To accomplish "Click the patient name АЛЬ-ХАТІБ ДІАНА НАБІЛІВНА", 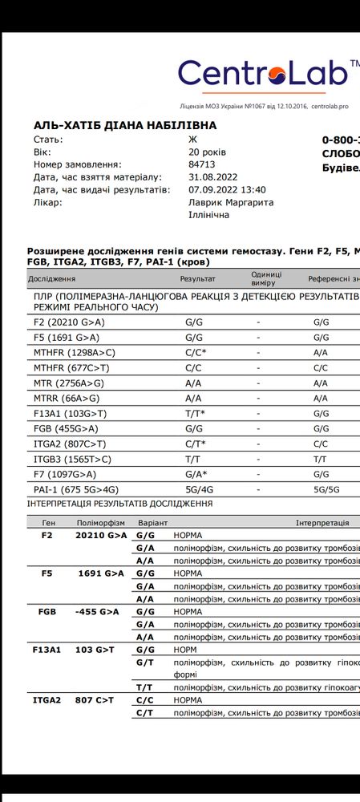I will [x=124, y=126].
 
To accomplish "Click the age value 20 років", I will [x=207, y=152].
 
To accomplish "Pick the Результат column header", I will [x=198, y=279].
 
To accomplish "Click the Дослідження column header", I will [x=51, y=279].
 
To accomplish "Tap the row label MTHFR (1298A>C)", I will [x=70, y=351].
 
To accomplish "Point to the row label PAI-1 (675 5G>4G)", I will [x=73, y=489].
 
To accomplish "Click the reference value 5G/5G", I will [x=326, y=489].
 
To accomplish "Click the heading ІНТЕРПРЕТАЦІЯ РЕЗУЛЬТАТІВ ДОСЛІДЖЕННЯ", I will [x=120, y=504].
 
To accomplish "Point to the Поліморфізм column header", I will [x=100, y=522].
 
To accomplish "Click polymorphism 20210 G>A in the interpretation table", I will [x=101, y=535].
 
